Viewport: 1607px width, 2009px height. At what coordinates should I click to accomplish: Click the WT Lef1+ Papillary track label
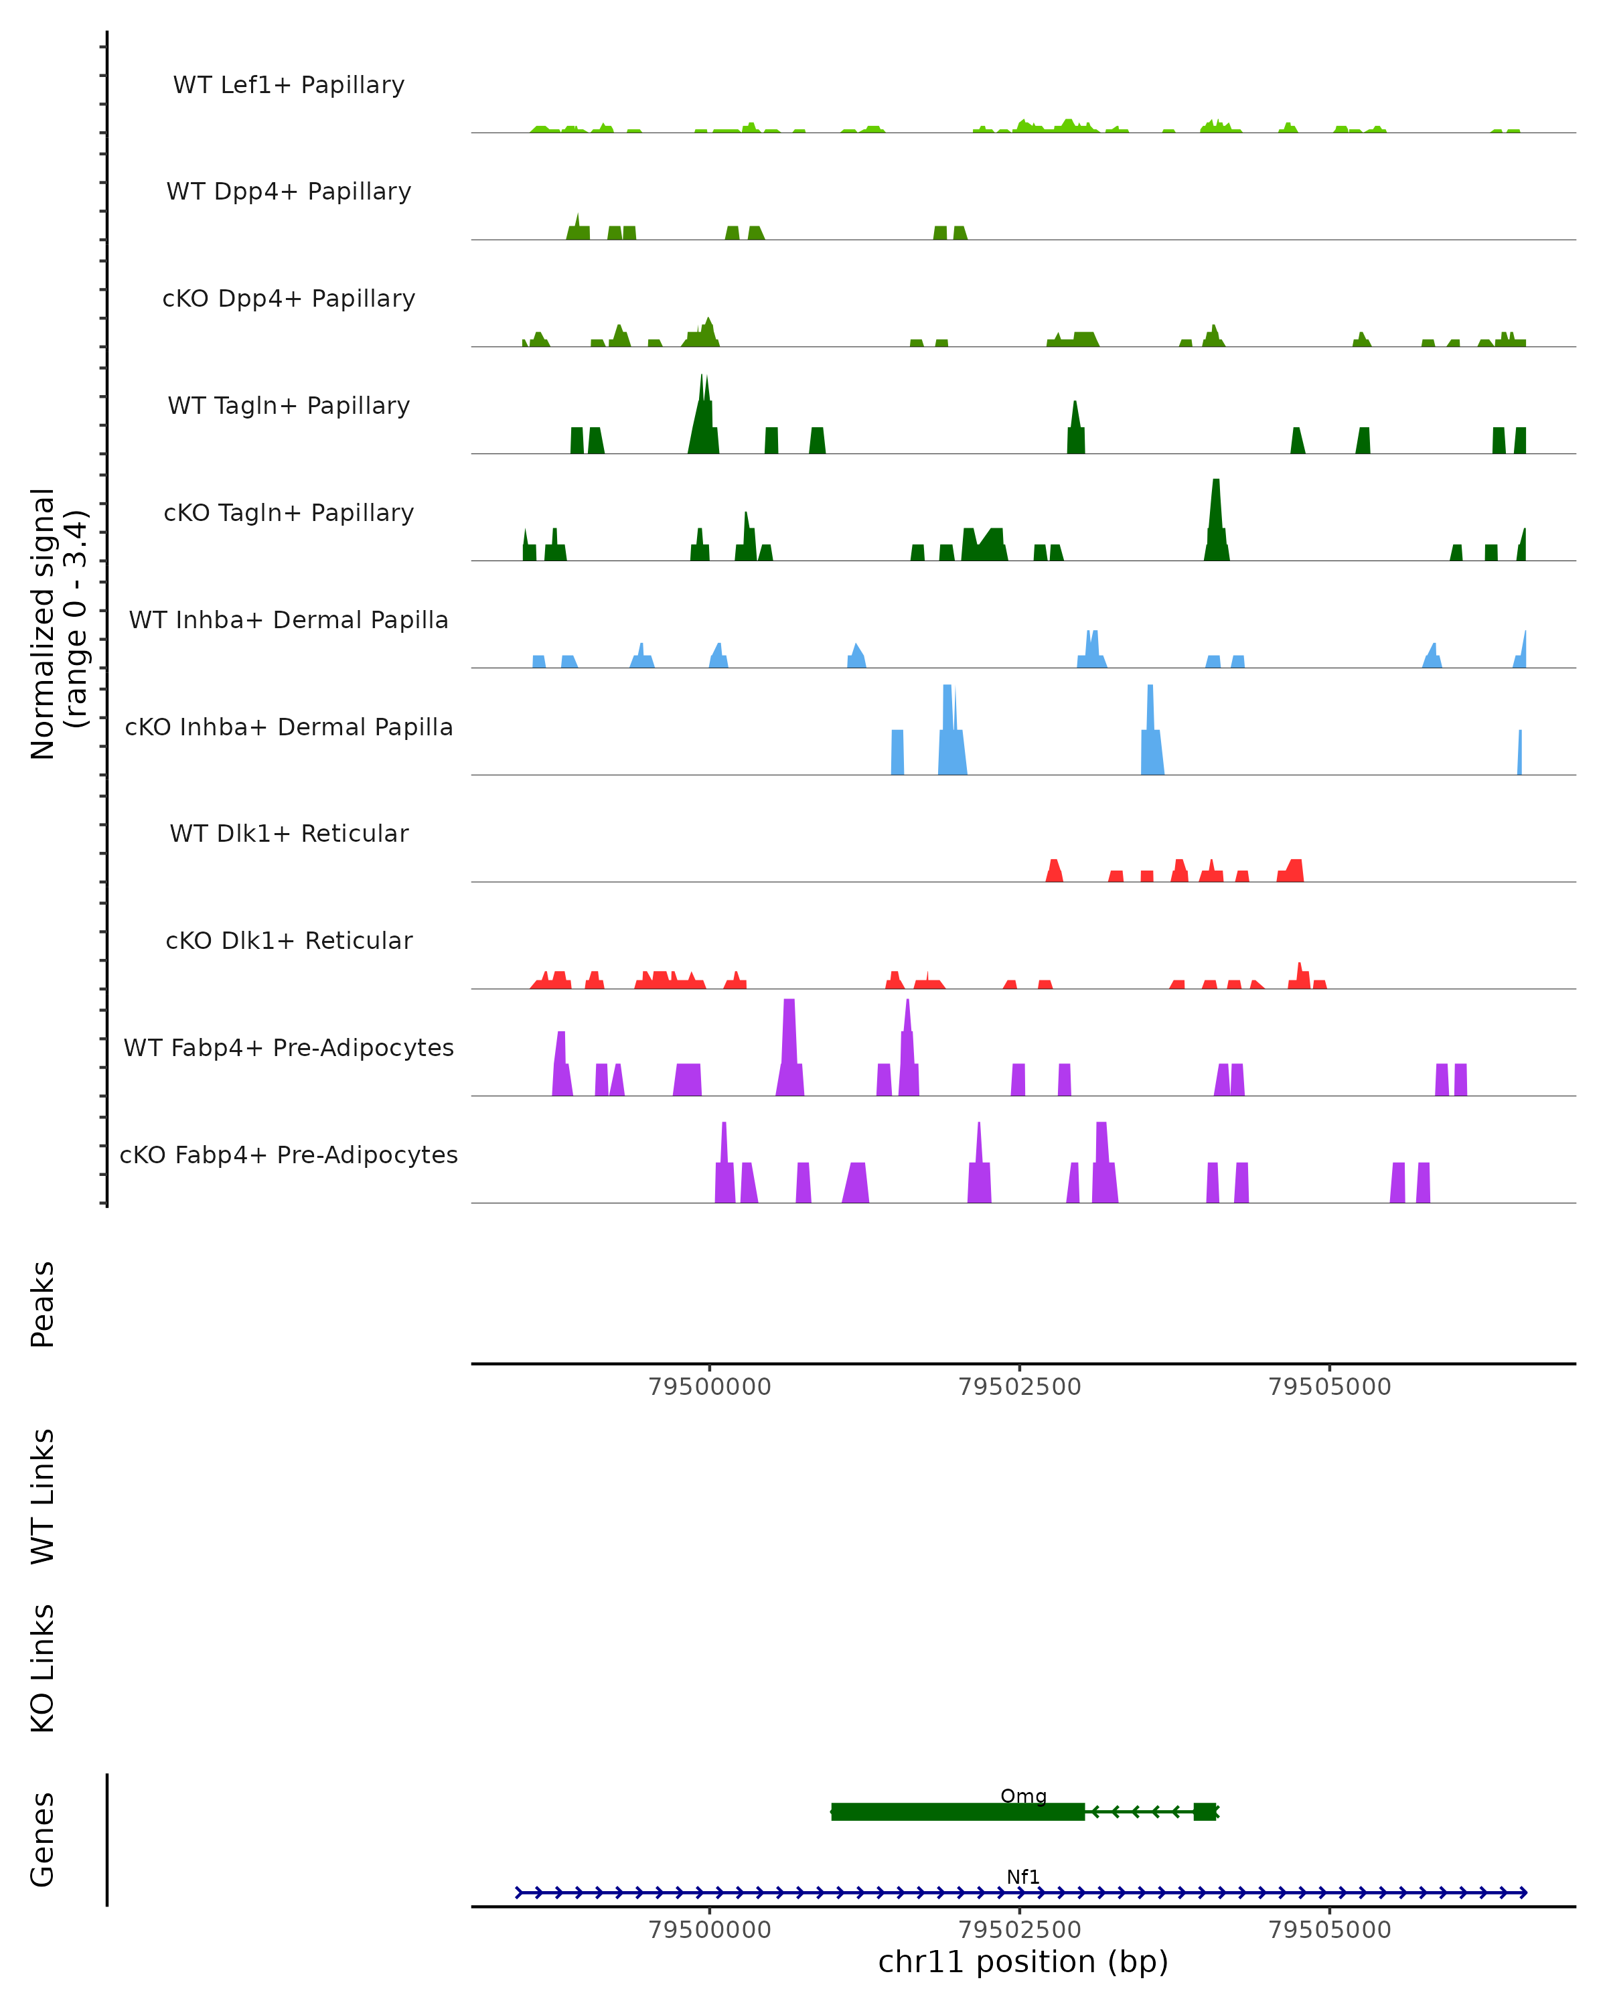[x=289, y=85]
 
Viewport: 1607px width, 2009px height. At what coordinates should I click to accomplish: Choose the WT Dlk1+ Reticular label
[x=289, y=833]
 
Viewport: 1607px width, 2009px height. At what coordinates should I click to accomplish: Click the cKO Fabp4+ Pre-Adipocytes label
[x=289, y=1155]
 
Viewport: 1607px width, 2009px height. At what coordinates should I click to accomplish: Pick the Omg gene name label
[x=1023, y=1795]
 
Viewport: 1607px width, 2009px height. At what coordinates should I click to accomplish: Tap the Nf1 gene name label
[x=1023, y=1876]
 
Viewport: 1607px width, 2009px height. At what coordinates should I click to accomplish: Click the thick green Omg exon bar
[x=958, y=1811]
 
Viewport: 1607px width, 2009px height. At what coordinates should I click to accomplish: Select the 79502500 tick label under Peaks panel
[x=1019, y=1387]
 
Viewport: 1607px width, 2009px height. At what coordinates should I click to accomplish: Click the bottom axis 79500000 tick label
[x=710, y=1930]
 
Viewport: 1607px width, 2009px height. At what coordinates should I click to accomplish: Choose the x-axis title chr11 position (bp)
[x=1023, y=1962]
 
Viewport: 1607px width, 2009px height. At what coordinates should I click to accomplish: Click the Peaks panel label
[x=43, y=1304]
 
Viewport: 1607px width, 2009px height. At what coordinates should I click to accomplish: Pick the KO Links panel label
[x=43, y=1668]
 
